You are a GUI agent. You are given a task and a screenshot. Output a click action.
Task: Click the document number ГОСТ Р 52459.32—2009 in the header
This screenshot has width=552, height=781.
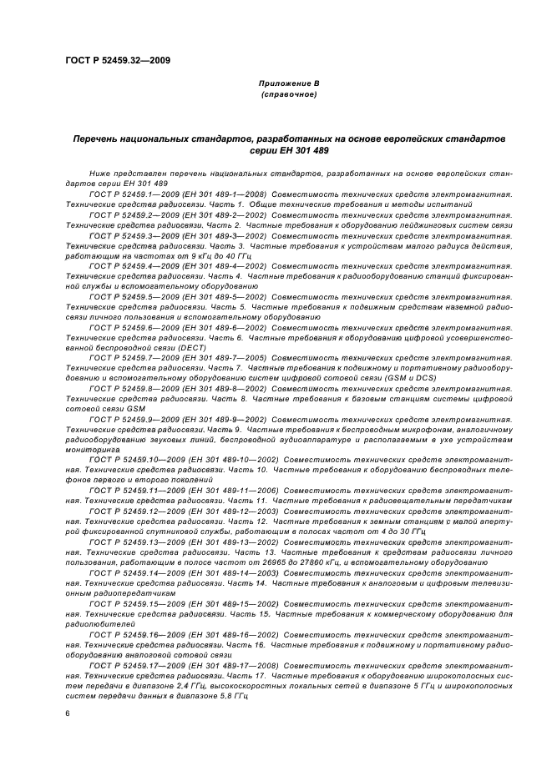coord(118,61)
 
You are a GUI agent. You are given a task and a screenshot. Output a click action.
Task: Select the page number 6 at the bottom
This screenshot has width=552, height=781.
coord(68,713)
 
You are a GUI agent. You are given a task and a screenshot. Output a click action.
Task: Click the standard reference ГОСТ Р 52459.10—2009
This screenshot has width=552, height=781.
coord(132,459)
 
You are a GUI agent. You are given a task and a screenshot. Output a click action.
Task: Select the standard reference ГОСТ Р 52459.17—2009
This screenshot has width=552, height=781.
coord(132,664)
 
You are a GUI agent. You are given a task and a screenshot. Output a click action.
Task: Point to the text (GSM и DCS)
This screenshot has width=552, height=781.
coord(407,378)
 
